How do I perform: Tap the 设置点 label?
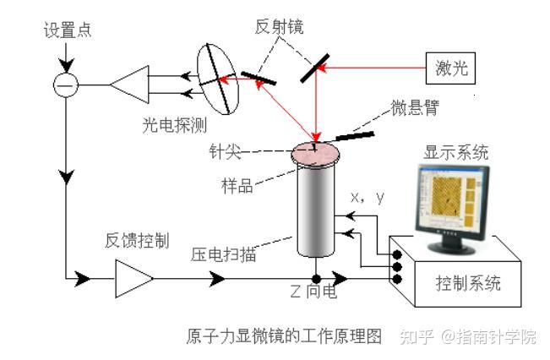67,31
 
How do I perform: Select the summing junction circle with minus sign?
65,85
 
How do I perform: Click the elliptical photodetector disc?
218,77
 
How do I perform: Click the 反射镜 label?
280,26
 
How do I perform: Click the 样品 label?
236,185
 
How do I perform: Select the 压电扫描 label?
224,254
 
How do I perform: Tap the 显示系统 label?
456,153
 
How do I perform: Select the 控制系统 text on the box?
466,282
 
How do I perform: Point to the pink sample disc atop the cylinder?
315,154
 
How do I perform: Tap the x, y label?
368,198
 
